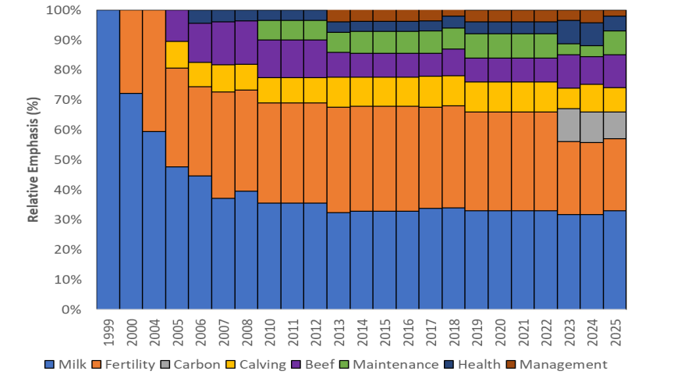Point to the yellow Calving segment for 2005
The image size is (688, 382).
click(x=177, y=55)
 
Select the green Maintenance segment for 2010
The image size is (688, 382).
click(x=269, y=30)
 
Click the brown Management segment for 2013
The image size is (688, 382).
click(x=339, y=16)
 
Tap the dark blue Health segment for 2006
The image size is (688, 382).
click(x=200, y=16)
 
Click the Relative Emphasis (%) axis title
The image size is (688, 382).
click(x=34, y=159)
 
